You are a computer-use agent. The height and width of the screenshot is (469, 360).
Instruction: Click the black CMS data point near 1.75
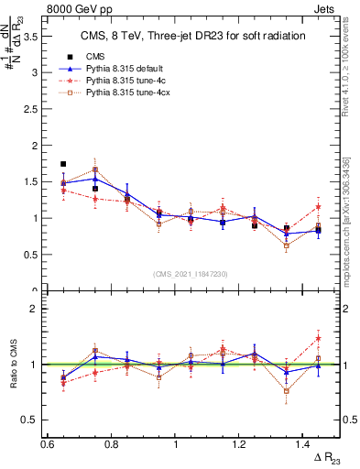pos(63,164)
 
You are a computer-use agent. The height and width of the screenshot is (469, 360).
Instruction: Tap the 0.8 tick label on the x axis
pos(111,444)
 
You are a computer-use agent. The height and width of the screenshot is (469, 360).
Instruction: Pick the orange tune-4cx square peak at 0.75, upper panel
pos(95,169)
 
